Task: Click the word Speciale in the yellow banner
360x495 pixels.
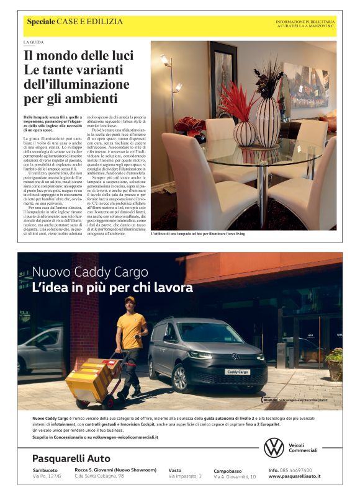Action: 40,22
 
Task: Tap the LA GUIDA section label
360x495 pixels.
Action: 34,42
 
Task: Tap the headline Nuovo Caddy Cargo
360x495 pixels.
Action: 89,273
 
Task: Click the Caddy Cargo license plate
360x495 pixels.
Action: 238,372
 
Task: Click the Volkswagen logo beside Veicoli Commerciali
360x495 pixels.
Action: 274,447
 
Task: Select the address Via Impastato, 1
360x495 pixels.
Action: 185,476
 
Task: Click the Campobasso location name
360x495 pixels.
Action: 229,471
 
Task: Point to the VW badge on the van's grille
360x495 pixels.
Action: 235,357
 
